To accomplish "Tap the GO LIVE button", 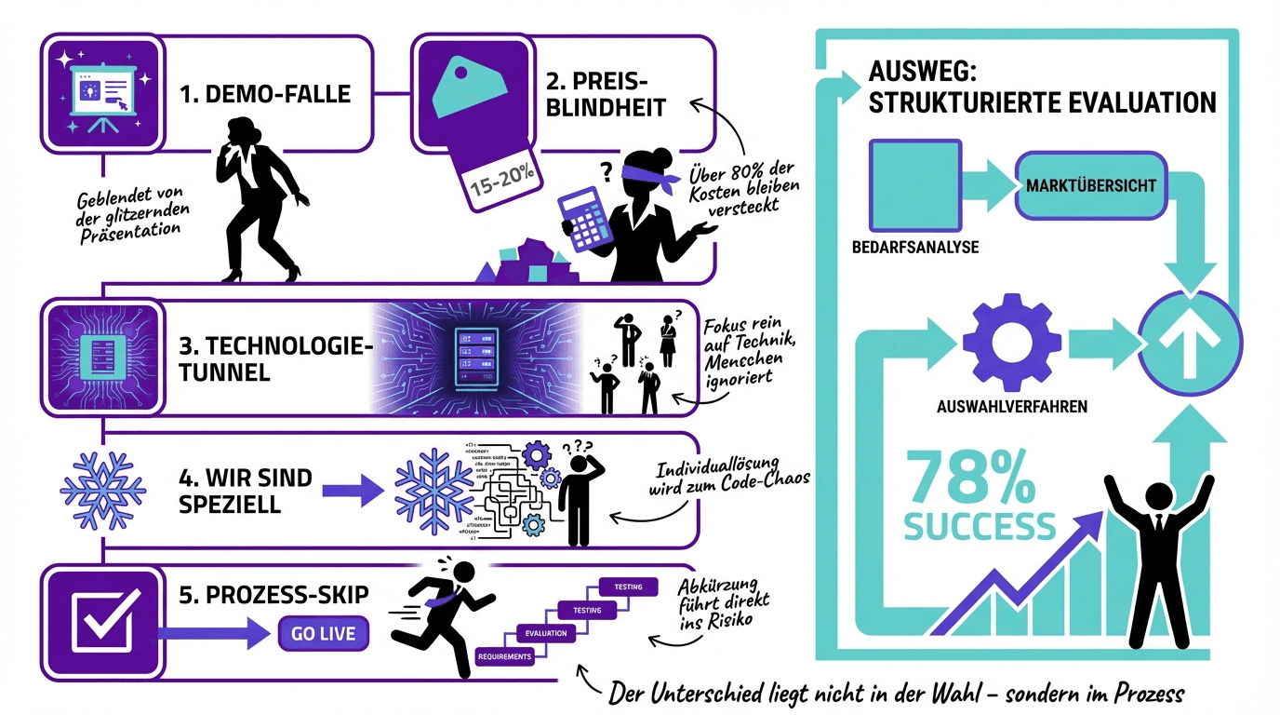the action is pyautogui.click(x=323, y=634).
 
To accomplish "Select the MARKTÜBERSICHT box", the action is pyautogui.click(x=1090, y=184).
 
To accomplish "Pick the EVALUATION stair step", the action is pyautogui.click(x=546, y=633).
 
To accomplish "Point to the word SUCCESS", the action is pyautogui.click(x=979, y=527).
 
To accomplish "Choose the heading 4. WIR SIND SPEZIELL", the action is pyautogui.click(x=245, y=492).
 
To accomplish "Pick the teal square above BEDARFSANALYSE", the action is pyautogui.click(x=914, y=184).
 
